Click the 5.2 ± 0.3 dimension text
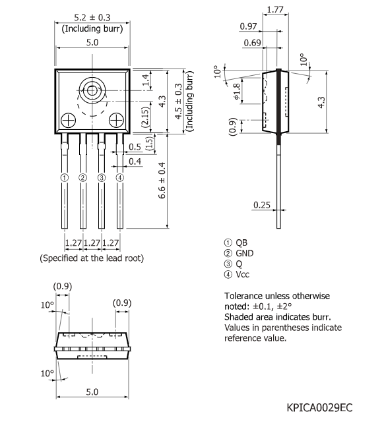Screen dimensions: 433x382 point(92,18)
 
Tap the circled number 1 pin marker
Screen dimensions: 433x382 point(64,177)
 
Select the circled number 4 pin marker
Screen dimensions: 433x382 point(120,177)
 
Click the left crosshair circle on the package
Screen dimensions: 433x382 point(67,120)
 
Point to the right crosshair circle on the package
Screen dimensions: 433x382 point(117,120)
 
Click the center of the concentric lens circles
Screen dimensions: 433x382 point(92,90)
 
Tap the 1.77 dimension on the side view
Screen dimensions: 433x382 point(276,10)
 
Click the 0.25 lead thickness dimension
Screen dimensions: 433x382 point(262,206)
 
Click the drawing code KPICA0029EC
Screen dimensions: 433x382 point(319,408)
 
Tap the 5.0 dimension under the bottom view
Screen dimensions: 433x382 point(92,391)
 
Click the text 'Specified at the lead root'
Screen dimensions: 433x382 point(92,258)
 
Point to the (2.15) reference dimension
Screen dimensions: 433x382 point(145,117)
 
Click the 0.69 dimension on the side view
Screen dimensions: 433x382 point(251,42)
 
